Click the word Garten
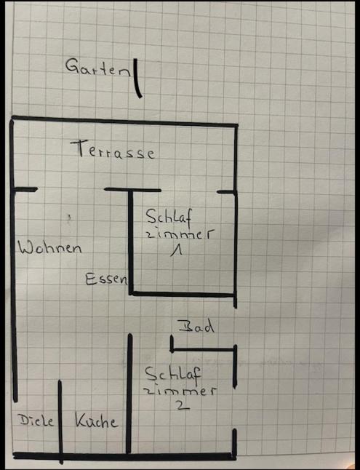(x=98, y=67)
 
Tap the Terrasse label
(x=113, y=149)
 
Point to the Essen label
(x=106, y=279)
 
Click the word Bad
(x=196, y=326)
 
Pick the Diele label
(x=36, y=421)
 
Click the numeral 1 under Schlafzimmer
(x=176, y=250)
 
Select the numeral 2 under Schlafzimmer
(x=183, y=405)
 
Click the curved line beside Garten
(x=137, y=79)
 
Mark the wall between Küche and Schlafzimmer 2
(x=129, y=394)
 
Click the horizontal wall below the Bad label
(x=204, y=349)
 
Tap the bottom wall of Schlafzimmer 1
(x=183, y=294)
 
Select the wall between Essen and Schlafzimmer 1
(x=131, y=242)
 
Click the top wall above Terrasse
(x=124, y=122)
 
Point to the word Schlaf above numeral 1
(x=169, y=216)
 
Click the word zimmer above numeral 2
(x=180, y=391)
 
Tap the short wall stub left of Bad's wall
(x=172, y=344)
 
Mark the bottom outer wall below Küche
(x=124, y=456)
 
